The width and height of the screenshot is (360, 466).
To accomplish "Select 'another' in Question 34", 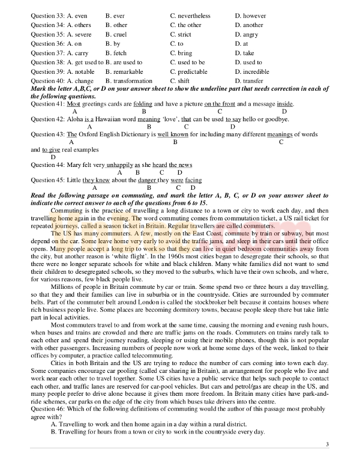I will coord(251,25).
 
